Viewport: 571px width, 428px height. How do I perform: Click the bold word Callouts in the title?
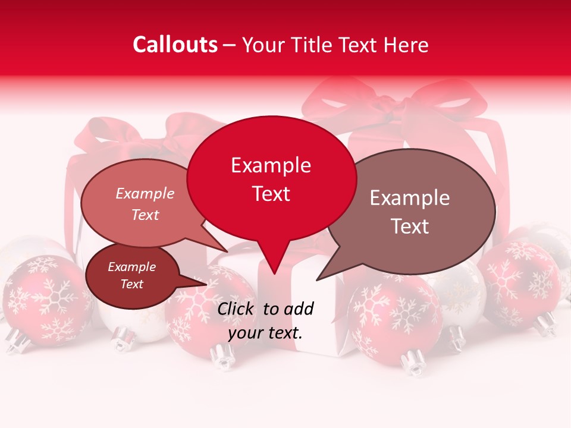point(175,45)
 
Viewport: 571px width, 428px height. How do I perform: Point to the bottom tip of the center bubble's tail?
point(274,274)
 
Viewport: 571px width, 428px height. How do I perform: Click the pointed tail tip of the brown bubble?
point(317,280)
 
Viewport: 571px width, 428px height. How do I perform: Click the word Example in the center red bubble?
point(271,165)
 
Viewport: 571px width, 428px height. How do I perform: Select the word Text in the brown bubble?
point(410,226)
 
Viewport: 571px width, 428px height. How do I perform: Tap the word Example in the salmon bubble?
point(145,193)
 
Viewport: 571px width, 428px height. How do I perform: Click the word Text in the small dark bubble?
point(132,284)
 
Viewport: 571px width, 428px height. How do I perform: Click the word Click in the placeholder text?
point(236,309)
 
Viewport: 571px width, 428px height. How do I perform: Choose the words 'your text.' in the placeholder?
point(265,333)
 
